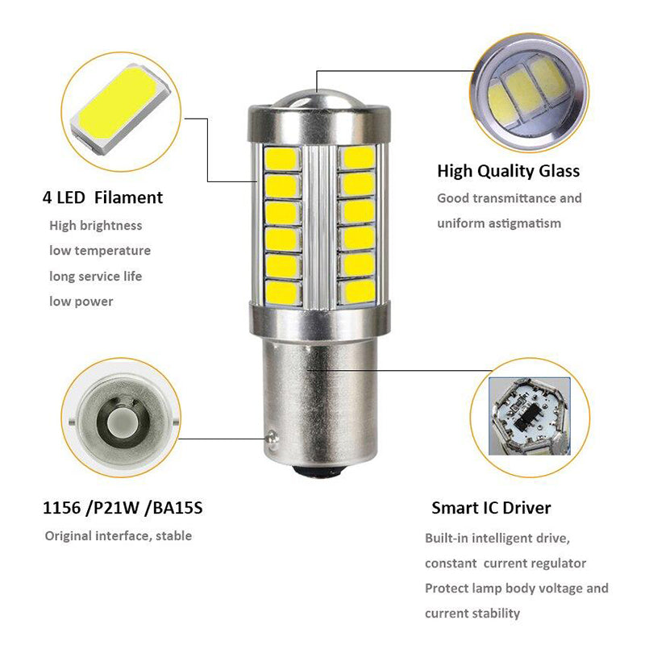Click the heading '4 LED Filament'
pos(102,198)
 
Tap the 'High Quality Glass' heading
pos(508,171)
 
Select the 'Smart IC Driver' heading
pos(491,508)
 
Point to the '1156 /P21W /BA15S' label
pos(123,509)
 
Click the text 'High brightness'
pos(95,226)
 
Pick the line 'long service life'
pos(95,276)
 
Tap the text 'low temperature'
pos(100,251)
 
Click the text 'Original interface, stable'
pos(118,535)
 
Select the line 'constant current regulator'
pos(506,563)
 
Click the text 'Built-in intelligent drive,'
pos(502,538)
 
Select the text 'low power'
pos(81,302)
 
